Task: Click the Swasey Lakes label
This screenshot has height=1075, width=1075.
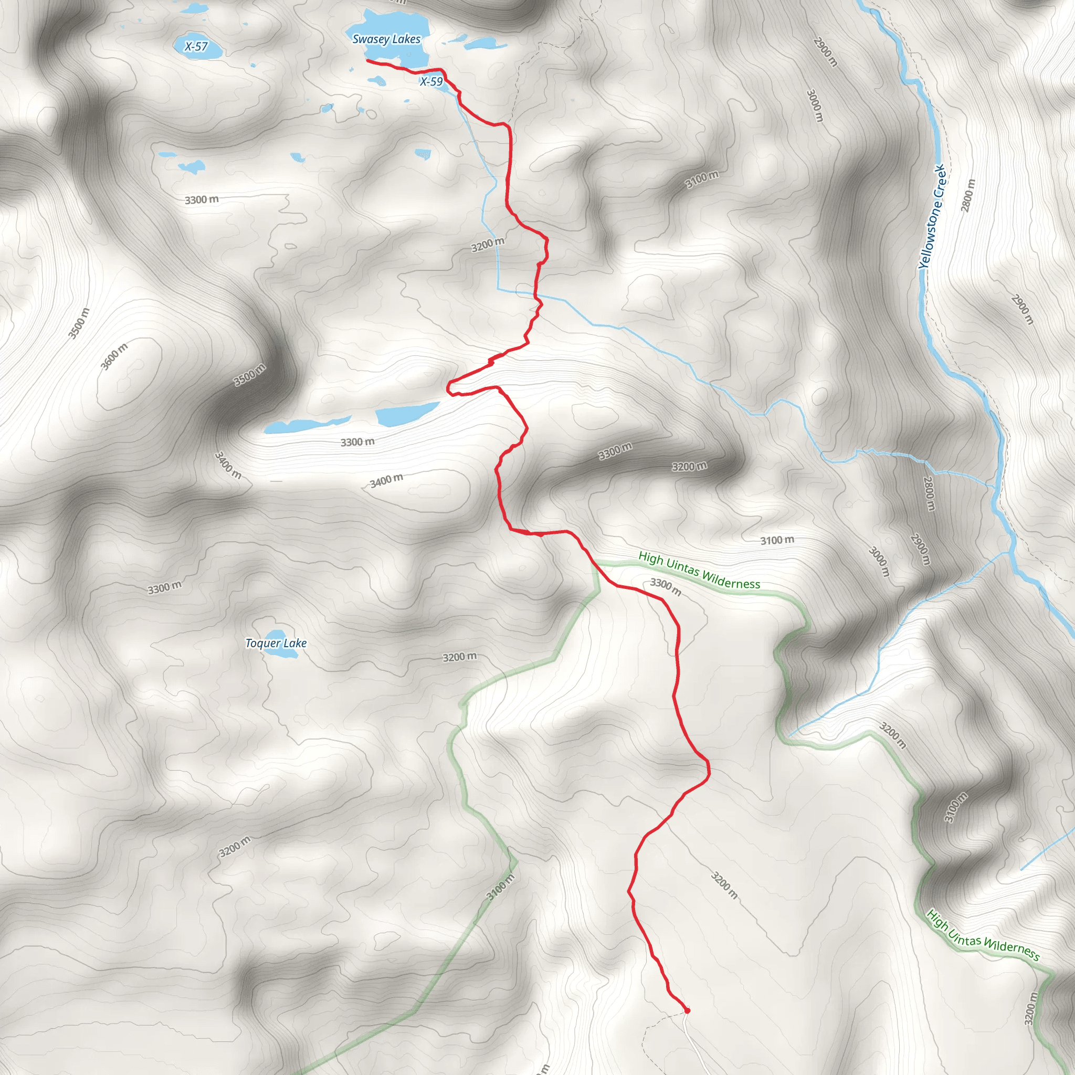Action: click(386, 39)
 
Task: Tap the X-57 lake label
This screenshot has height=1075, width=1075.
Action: click(196, 47)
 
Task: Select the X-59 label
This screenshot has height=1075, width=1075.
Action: click(431, 82)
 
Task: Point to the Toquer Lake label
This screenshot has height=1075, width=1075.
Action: click(276, 643)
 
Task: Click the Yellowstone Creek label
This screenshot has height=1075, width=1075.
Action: click(932, 216)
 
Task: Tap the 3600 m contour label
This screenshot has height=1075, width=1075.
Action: click(114, 356)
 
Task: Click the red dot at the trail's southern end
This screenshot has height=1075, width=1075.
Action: click(687, 1010)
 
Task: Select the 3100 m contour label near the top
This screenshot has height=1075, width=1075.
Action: click(702, 179)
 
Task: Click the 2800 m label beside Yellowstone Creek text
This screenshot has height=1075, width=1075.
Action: click(968, 195)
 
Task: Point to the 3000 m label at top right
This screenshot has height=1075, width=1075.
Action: click(814, 106)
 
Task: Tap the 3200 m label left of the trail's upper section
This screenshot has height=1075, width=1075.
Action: click(488, 244)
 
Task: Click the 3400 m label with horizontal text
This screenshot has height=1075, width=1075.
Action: click(386, 480)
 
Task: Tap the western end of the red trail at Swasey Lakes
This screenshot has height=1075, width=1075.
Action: click(367, 60)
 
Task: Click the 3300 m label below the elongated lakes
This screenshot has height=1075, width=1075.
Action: click(357, 442)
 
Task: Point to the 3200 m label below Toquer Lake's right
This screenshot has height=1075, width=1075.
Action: click(460, 657)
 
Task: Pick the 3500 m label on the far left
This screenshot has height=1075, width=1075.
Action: click(78, 323)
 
